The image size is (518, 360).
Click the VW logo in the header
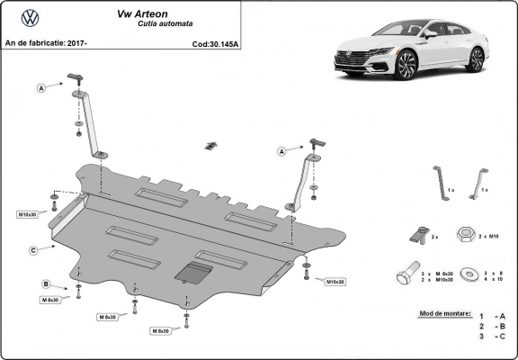point(30,17)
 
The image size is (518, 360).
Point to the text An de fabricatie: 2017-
point(46,42)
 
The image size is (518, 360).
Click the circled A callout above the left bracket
point(41,88)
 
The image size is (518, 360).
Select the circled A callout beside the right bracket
point(281,151)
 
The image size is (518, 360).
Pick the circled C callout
point(32,249)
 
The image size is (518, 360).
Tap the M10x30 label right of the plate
point(334,282)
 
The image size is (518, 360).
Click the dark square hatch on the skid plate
point(192,273)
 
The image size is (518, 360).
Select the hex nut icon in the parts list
point(466,234)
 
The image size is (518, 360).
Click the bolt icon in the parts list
point(407,274)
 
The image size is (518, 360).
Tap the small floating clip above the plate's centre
point(210,146)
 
